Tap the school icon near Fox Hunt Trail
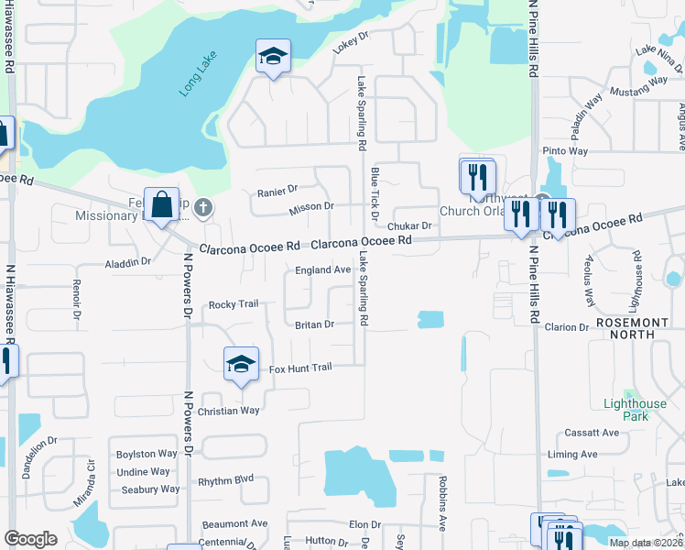241,366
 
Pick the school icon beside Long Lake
272,58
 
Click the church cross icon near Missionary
203,208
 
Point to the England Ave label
322,270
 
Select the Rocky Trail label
234,304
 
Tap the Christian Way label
228,411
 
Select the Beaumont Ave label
235,523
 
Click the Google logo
31,539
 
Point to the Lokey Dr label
350,43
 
